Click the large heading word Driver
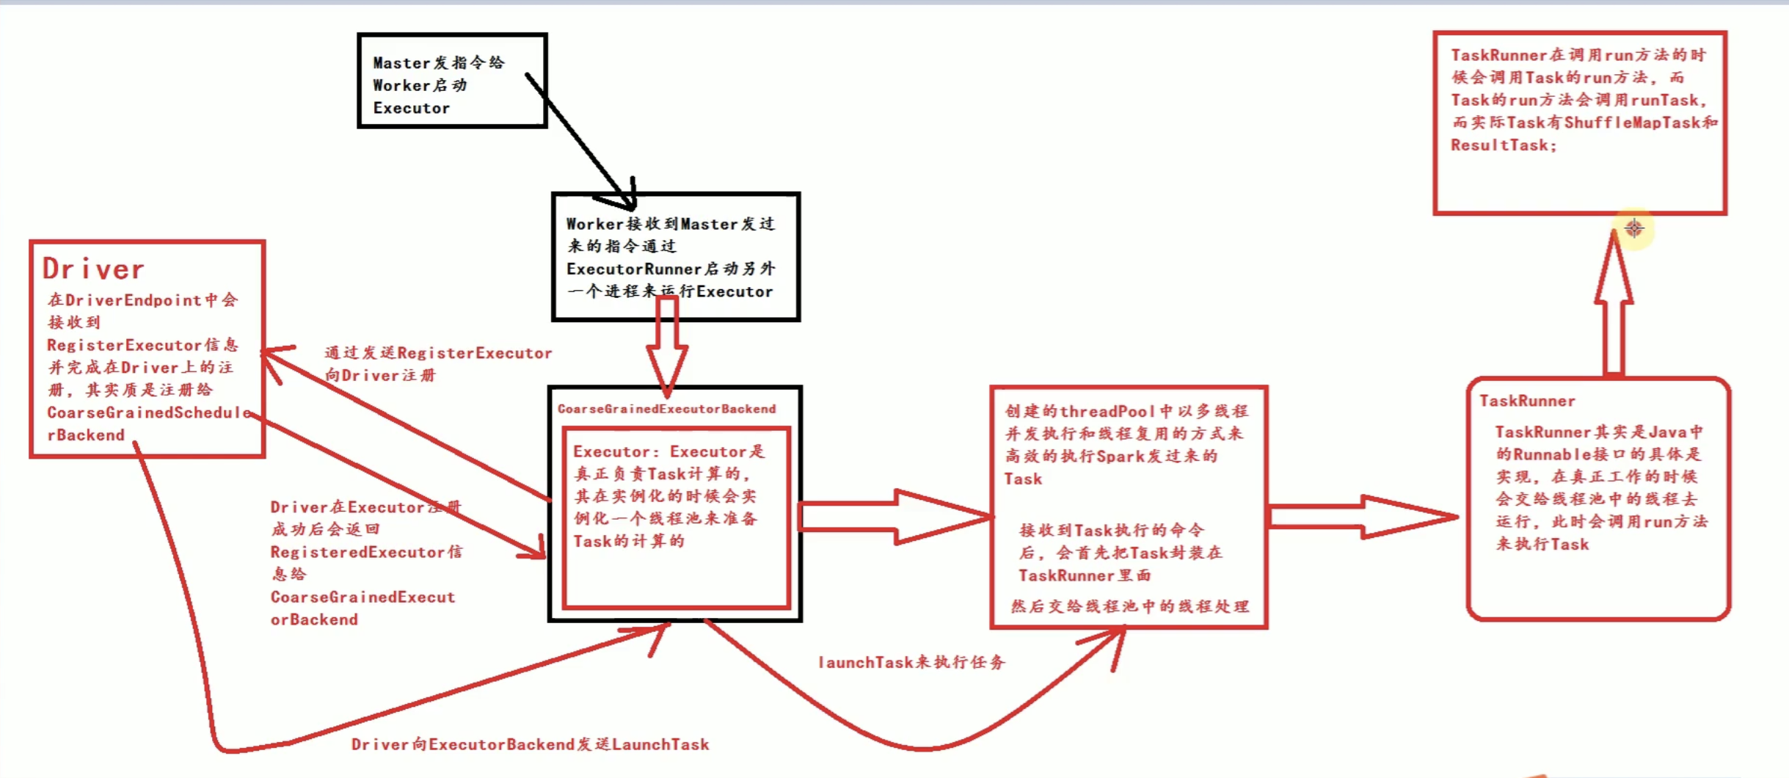point(93,269)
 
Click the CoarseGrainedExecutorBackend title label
point(666,409)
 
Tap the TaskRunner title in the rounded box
point(1527,401)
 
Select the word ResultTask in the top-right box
point(1499,145)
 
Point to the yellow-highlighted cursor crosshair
point(1634,228)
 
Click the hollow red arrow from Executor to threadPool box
point(895,517)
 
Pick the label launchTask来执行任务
point(911,662)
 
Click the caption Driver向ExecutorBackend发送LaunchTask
point(530,744)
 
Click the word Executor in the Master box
point(411,108)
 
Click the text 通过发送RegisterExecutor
point(438,353)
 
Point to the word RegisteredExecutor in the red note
point(357,552)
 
